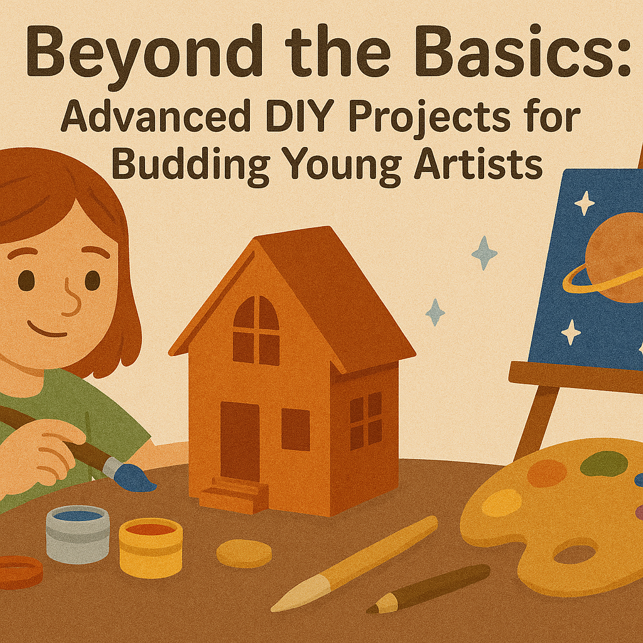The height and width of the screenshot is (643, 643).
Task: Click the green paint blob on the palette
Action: (603, 464)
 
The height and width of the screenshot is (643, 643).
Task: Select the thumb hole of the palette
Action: (575, 554)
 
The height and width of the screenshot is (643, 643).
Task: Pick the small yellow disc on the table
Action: (244, 554)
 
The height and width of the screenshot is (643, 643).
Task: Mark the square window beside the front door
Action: (295, 430)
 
